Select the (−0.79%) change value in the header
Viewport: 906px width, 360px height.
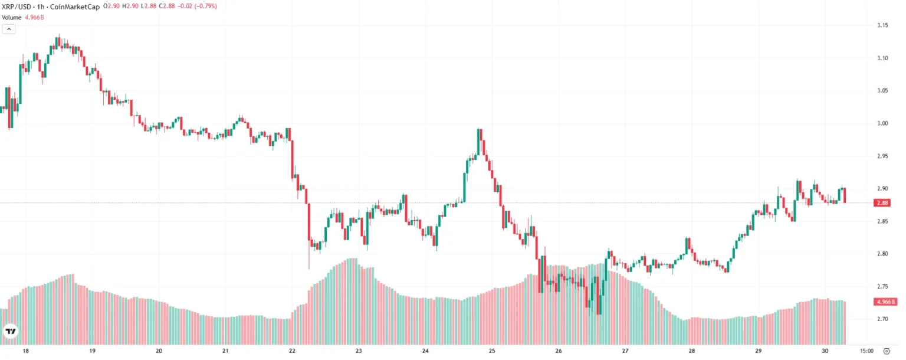(203, 6)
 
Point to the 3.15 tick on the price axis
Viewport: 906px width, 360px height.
(883, 25)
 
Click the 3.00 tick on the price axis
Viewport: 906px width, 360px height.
(883, 123)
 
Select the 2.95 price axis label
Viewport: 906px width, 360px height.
(883, 156)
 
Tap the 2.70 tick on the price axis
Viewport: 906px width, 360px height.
(883, 319)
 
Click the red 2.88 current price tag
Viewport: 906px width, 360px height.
(883, 203)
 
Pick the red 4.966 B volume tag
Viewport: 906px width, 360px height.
(885, 302)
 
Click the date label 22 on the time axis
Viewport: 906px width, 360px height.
(293, 350)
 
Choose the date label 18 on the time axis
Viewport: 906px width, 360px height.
(25, 350)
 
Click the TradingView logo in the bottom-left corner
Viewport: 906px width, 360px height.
(10, 332)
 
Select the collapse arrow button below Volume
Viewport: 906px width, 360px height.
(8, 28)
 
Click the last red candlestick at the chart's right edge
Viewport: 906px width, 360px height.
(845, 195)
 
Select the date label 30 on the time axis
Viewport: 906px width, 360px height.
(825, 350)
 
